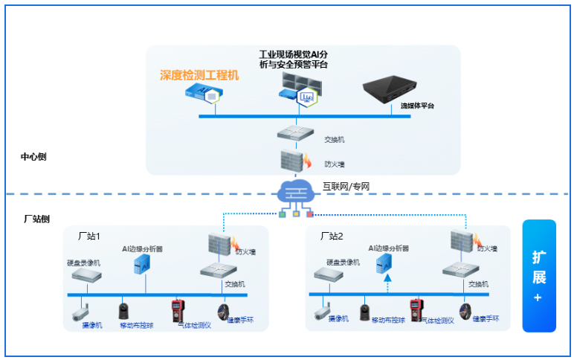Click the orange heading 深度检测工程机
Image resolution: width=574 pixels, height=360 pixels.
coord(199,75)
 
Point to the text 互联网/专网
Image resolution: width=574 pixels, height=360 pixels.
coord(346,186)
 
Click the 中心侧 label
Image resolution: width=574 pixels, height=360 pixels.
coord(33,157)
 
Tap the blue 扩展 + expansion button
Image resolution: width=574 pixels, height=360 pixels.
coord(539,276)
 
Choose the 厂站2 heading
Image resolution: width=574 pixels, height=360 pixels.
coord(332,236)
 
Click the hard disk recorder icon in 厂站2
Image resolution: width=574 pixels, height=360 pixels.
coord(328,274)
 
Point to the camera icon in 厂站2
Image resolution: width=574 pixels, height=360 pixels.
coord(322,311)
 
